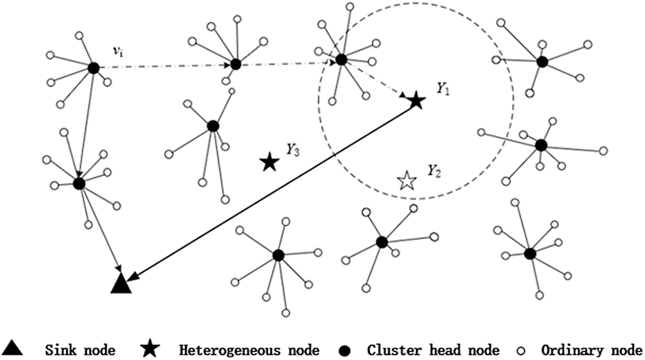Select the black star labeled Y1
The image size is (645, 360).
[x=415, y=101]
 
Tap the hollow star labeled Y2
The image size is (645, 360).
[x=407, y=180]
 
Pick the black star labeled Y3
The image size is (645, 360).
[x=268, y=162]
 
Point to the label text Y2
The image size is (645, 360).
[x=433, y=172]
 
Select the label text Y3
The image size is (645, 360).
[x=293, y=150]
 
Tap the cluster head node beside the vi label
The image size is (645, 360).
[x=93, y=67]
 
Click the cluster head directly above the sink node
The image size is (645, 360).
[x=79, y=183]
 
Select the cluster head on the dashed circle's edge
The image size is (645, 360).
[x=341, y=60]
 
